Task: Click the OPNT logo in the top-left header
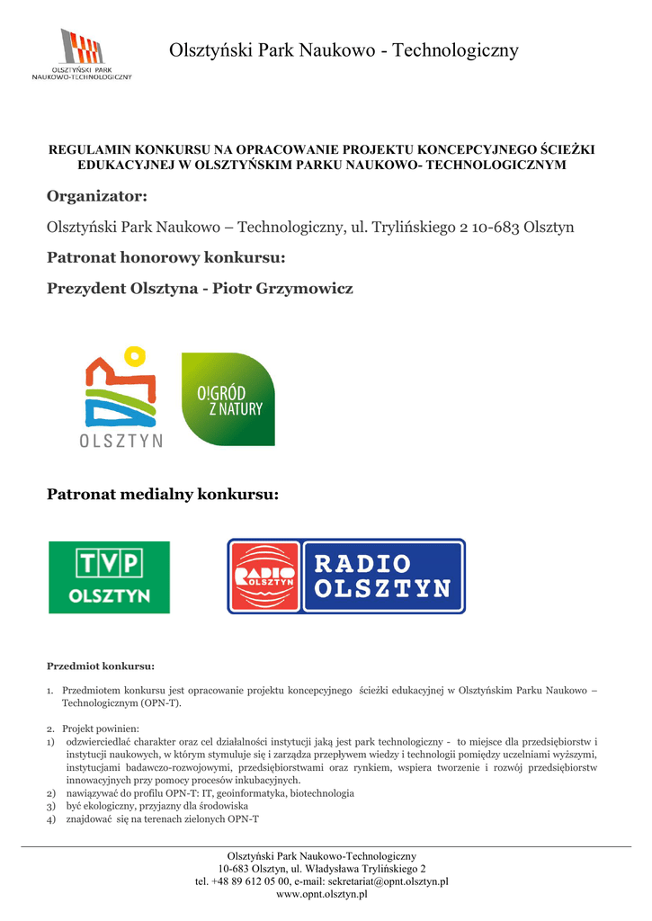82,54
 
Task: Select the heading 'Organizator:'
96,196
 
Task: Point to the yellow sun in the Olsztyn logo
135,356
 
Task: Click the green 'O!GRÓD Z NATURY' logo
228,398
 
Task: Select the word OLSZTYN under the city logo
121,441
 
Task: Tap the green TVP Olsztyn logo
109,577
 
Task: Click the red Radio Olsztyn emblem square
264,577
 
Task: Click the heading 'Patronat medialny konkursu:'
162,495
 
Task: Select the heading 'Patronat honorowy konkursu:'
165,258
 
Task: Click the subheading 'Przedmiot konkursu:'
100,666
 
